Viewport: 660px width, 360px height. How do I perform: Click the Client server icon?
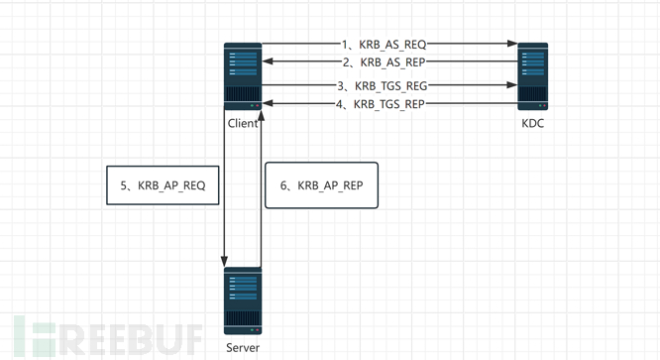point(243,76)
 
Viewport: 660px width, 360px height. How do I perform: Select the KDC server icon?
point(532,76)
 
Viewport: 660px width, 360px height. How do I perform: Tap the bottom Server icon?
point(243,300)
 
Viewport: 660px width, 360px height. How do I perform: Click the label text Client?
point(243,123)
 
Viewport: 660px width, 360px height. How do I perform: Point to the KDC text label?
point(532,123)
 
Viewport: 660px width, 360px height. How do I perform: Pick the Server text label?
point(243,348)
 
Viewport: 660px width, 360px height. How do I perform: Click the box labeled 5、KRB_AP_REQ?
point(163,185)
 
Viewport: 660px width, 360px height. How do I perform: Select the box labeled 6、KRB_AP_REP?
point(322,185)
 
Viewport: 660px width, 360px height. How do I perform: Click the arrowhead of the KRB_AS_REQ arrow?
point(512,44)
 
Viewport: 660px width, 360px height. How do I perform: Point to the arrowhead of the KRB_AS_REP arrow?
point(268,61)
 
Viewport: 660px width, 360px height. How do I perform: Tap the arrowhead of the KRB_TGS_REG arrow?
point(512,85)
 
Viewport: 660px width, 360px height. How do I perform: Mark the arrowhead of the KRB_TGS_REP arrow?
point(268,103)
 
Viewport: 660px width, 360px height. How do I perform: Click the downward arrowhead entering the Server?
point(224,262)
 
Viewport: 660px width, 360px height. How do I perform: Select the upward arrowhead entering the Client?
point(261,116)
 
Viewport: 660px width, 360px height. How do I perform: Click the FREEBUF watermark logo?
point(108,337)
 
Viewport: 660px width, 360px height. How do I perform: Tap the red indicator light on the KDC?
point(544,105)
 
